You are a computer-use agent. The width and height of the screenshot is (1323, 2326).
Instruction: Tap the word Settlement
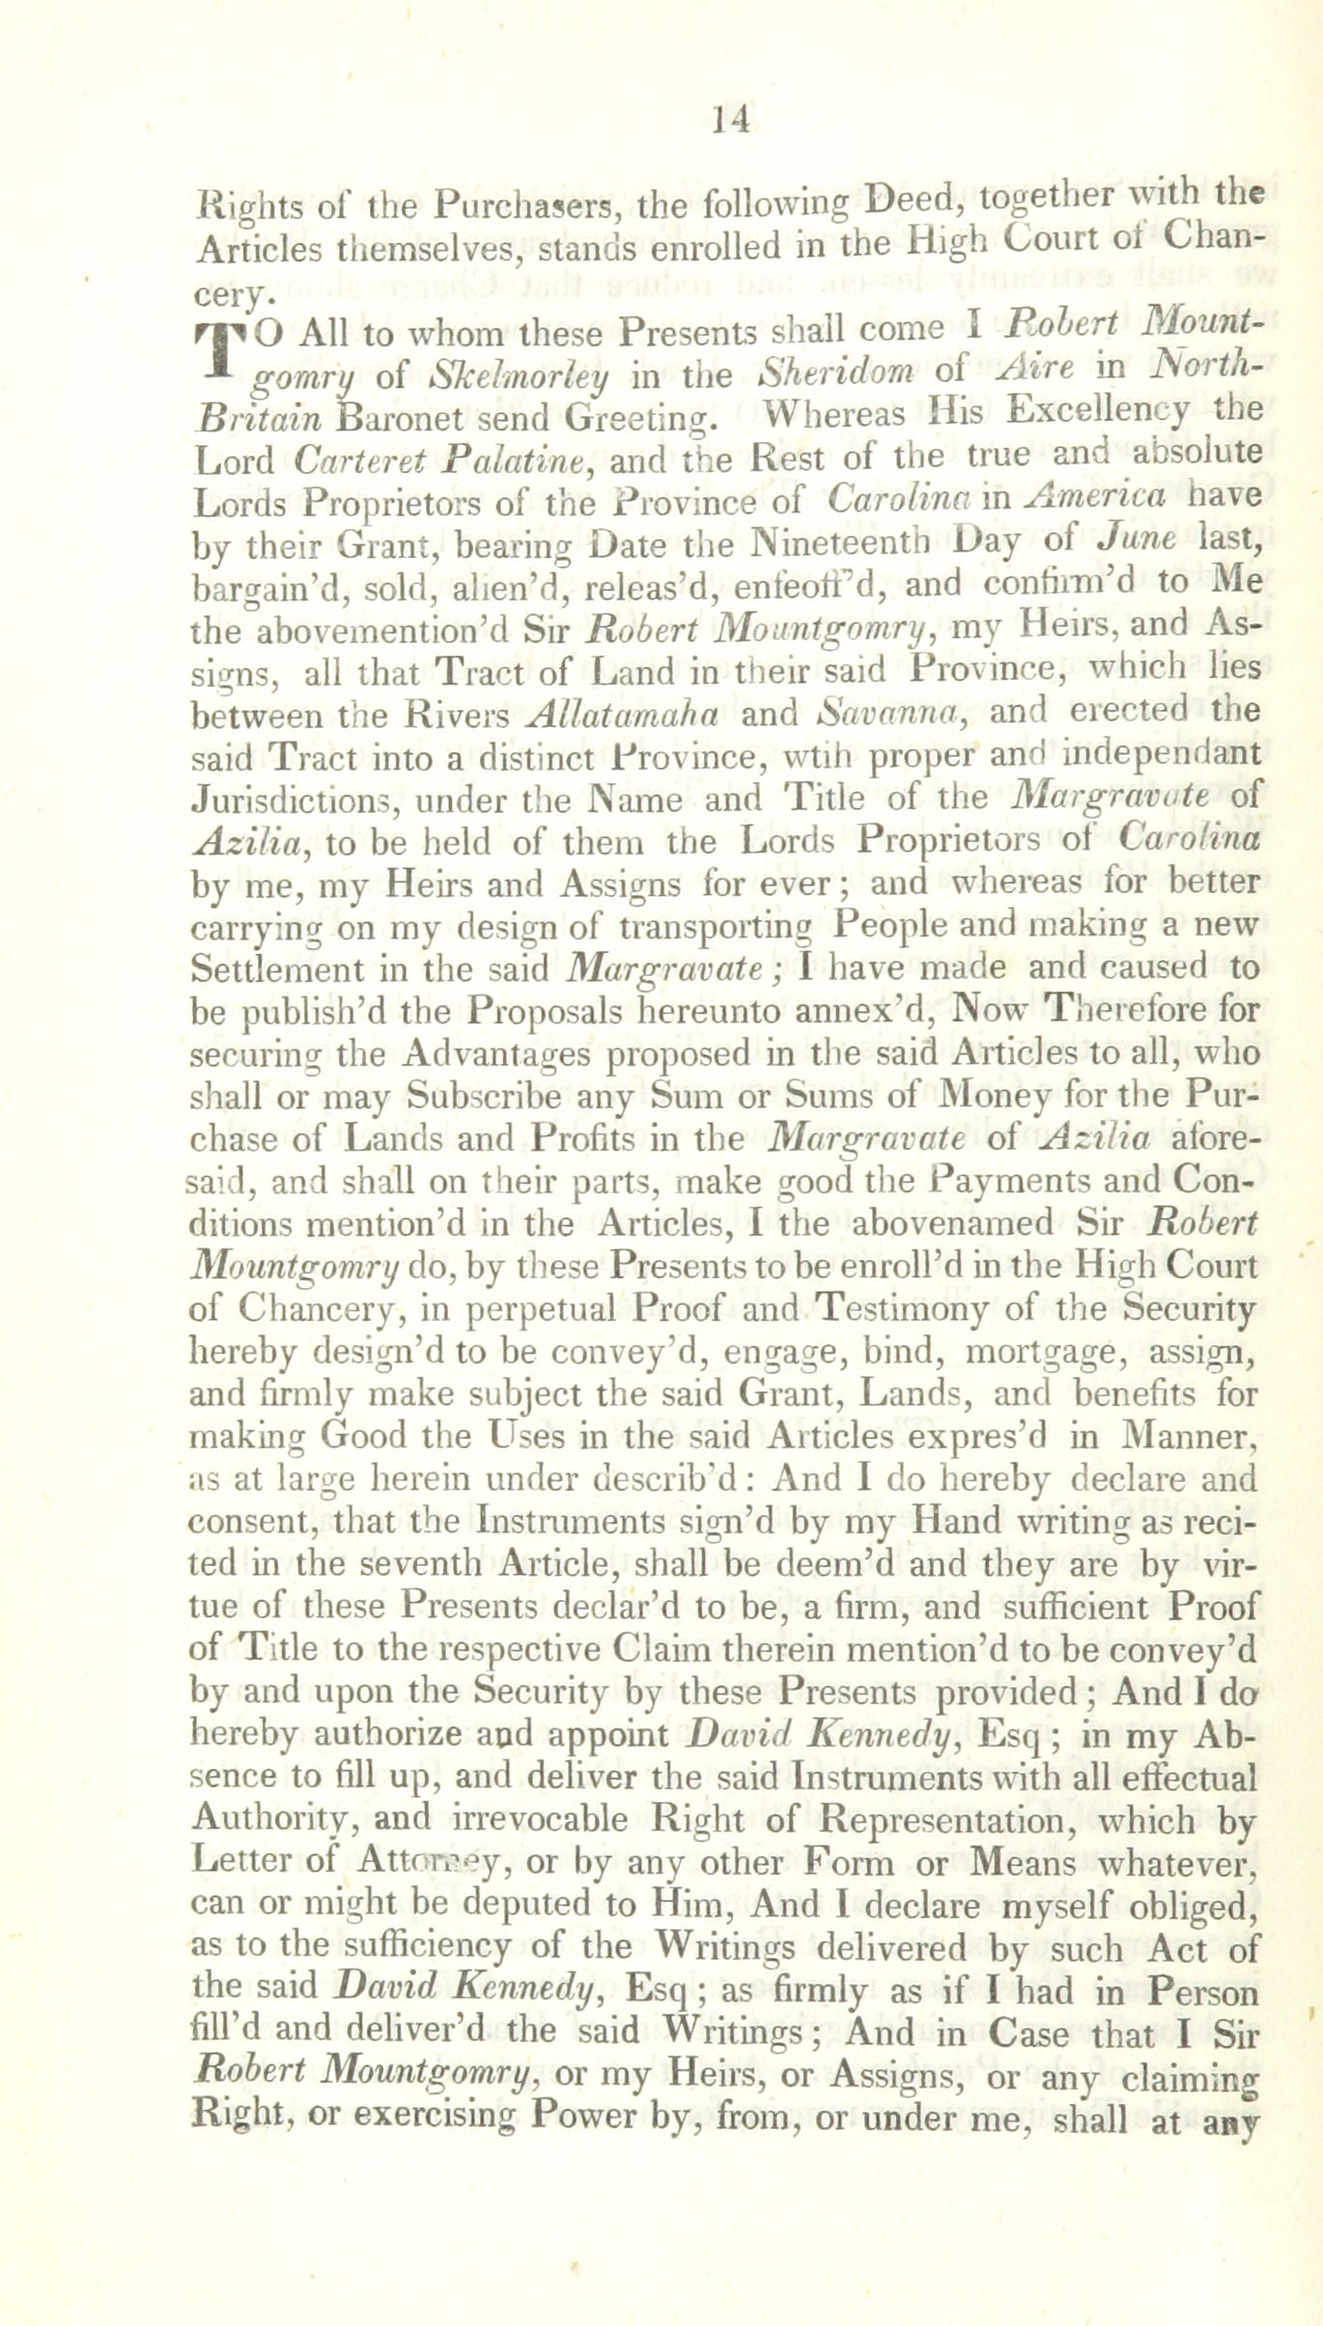275,968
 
